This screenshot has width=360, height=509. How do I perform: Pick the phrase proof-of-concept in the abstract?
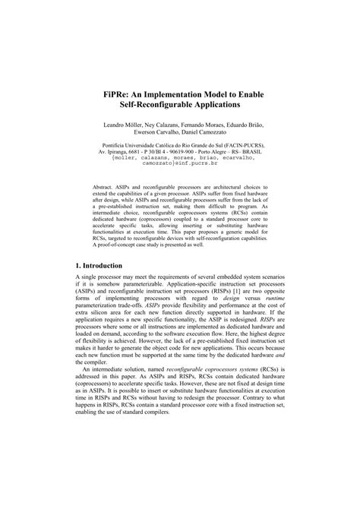coord(124,245)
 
